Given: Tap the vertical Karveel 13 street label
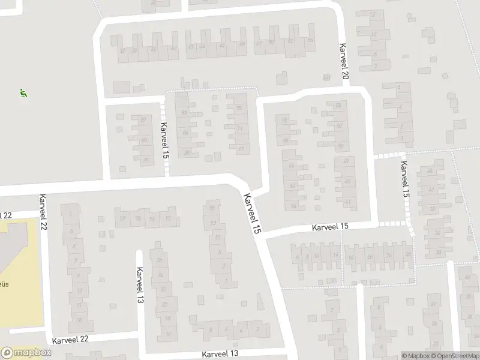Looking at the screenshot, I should pos(140,284).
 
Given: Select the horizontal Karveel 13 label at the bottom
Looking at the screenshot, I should pos(220,354).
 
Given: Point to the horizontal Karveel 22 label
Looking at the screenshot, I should pos(70,339).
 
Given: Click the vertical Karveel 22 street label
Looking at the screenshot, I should pos(43,212).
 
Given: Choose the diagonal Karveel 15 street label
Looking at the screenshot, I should pos(253,213).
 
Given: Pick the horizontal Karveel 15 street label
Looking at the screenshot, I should pos(330,226).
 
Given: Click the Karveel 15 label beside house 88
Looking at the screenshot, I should pos(165,140).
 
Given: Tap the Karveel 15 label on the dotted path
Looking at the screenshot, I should pos(405,180).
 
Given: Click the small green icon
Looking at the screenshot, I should pos(23,94).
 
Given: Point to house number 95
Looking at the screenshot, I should pos(138,218).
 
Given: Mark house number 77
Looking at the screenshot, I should pos(241,128).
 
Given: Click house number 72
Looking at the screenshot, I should pos(285,121).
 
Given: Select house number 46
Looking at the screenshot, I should pos(222,46).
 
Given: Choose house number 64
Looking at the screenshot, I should pos(292,166).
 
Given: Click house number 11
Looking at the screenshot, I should pos(79,290).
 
